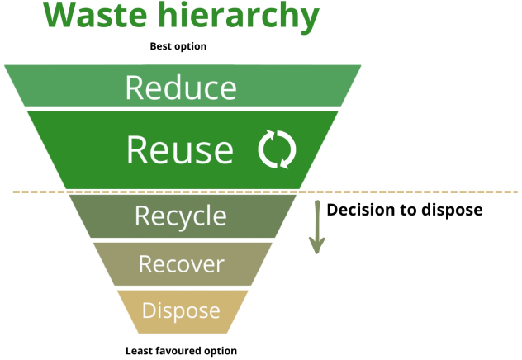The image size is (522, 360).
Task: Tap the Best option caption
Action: click(178, 46)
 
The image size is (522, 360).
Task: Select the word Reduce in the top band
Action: click(181, 88)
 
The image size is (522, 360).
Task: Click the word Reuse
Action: click(180, 149)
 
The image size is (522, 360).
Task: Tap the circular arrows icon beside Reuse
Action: click(277, 149)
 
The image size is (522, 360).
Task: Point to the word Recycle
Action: click(180, 216)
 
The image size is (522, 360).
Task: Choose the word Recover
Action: click(181, 264)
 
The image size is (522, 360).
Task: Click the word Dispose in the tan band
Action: click(181, 310)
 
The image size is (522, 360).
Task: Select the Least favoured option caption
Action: click(180, 350)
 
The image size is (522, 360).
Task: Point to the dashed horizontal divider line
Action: click(413, 192)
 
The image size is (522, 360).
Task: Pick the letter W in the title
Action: click(59, 17)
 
